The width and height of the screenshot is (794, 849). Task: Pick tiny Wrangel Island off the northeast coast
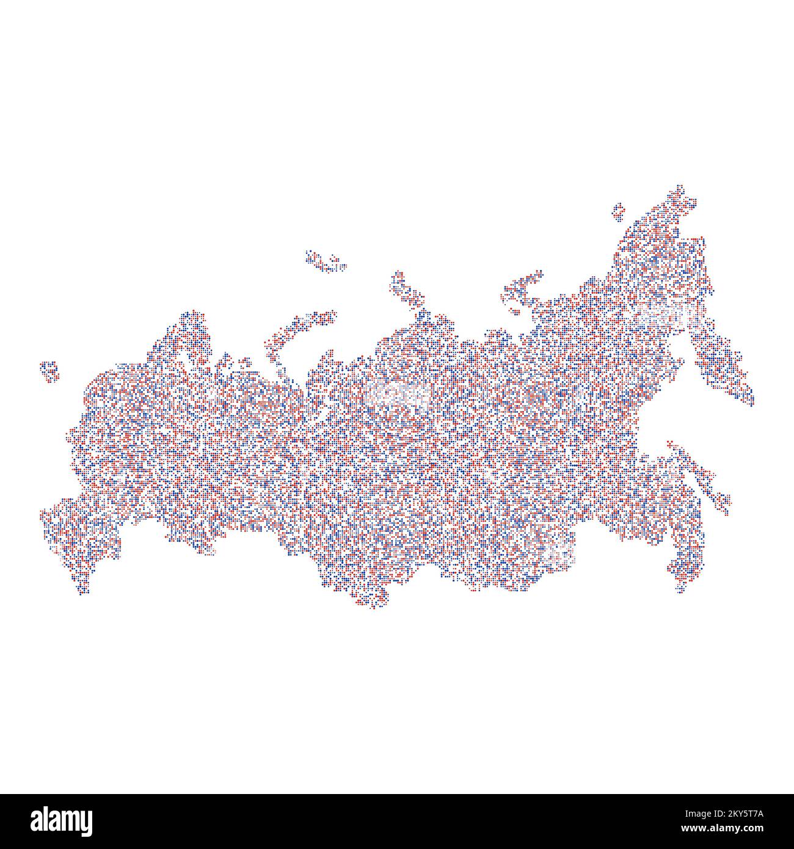[x=618, y=211]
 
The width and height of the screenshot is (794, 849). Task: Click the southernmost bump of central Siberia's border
[x=373, y=602]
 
